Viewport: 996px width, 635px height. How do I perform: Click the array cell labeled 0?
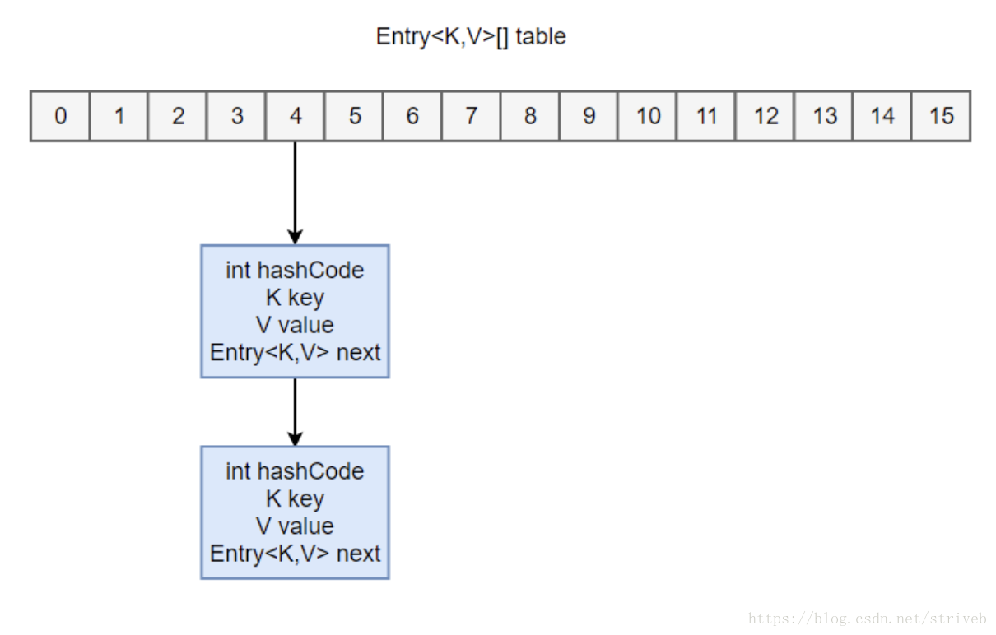click(x=60, y=116)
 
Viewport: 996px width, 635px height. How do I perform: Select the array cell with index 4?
click(x=296, y=116)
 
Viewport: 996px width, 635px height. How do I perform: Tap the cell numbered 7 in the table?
click(x=472, y=116)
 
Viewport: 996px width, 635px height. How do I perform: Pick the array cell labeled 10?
click(x=648, y=116)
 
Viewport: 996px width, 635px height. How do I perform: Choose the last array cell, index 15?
click(x=942, y=116)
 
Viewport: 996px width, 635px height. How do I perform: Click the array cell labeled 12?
click(x=766, y=116)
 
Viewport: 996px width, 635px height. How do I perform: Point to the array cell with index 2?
click(x=178, y=116)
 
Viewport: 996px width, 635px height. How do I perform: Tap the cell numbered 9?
click(x=589, y=116)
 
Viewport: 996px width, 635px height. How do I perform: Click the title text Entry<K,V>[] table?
click(x=471, y=37)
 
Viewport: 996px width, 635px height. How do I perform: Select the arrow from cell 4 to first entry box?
click(x=296, y=192)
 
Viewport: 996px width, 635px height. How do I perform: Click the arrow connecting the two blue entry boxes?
click(x=296, y=412)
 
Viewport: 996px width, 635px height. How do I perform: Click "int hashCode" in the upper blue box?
click(x=295, y=270)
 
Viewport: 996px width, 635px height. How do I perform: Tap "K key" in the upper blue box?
click(x=295, y=298)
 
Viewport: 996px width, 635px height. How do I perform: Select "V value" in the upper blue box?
click(x=295, y=325)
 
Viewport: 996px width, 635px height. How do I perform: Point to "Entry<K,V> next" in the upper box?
click(x=295, y=353)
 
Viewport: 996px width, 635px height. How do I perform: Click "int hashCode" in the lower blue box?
click(x=295, y=471)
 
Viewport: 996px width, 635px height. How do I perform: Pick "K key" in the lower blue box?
click(x=295, y=499)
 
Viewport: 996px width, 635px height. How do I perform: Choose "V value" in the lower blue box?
click(x=295, y=526)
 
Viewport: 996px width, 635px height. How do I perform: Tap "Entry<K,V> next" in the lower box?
click(x=295, y=554)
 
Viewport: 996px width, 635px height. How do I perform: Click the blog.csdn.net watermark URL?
click(x=867, y=618)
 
